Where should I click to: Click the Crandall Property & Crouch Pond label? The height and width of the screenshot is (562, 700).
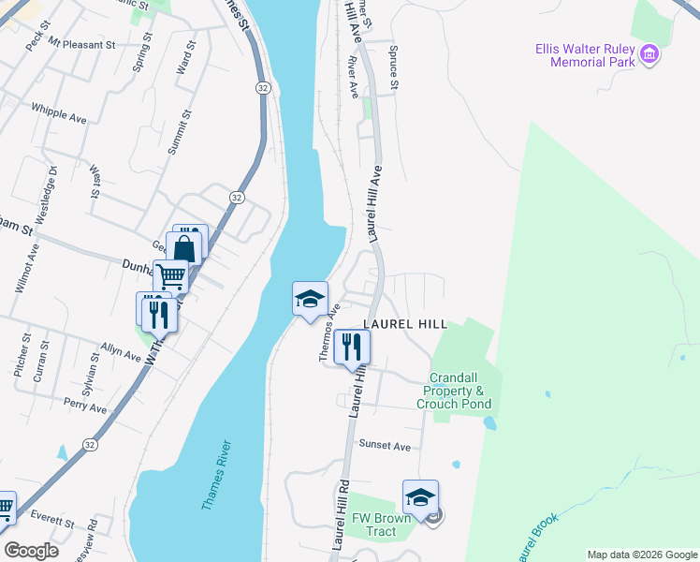[x=454, y=391]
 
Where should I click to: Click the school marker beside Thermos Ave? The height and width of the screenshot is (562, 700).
[x=310, y=300]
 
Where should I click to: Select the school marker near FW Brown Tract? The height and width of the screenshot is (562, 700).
[x=420, y=497]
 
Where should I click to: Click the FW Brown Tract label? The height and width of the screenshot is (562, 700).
[x=381, y=525]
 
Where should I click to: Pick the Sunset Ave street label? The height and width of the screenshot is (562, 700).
[x=386, y=447]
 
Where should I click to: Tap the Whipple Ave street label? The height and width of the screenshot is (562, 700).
[x=59, y=112]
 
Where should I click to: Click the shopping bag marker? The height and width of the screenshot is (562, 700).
[x=184, y=250]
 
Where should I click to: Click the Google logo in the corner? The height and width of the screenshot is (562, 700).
[x=31, y=551]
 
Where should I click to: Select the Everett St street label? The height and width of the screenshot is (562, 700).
[x=51, y=518]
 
